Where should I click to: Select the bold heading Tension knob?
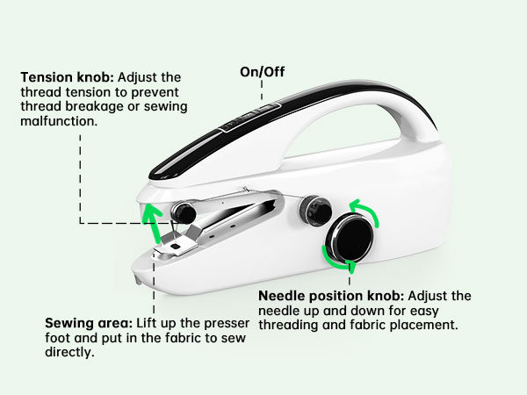tap(59, 77)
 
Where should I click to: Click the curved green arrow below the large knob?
tap(338, 259)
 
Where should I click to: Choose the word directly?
tap(73, 354)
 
